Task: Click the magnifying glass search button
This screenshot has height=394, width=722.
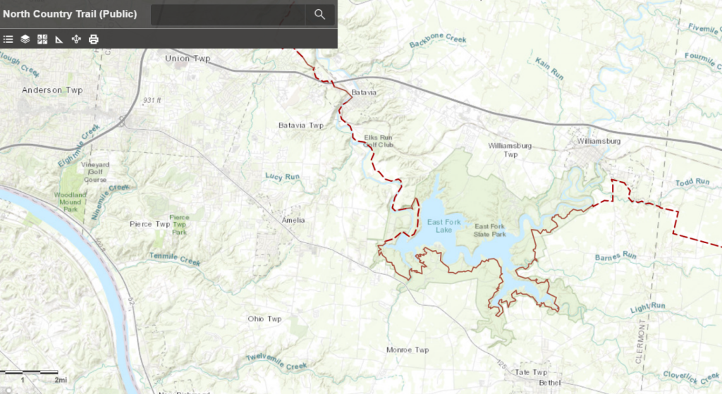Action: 319,14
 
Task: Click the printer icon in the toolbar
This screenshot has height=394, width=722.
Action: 93,39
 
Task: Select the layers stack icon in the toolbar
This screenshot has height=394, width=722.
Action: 25,39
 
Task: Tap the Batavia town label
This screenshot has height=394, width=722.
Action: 364,93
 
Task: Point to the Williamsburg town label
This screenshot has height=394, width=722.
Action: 598,141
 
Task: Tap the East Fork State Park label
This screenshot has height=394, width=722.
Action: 490,230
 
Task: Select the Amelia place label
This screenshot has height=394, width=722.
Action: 293,220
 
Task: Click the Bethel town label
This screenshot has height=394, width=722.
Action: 549,382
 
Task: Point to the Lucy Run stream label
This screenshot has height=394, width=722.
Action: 282,176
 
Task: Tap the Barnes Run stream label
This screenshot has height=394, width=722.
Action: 616,257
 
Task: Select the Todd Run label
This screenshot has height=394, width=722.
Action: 692,182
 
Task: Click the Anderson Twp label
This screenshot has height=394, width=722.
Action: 52,90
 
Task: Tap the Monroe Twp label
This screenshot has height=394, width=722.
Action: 408,350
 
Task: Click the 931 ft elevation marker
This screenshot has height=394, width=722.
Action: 152,101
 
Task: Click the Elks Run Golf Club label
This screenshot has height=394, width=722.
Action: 378,141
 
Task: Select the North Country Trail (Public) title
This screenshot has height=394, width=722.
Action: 70,13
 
